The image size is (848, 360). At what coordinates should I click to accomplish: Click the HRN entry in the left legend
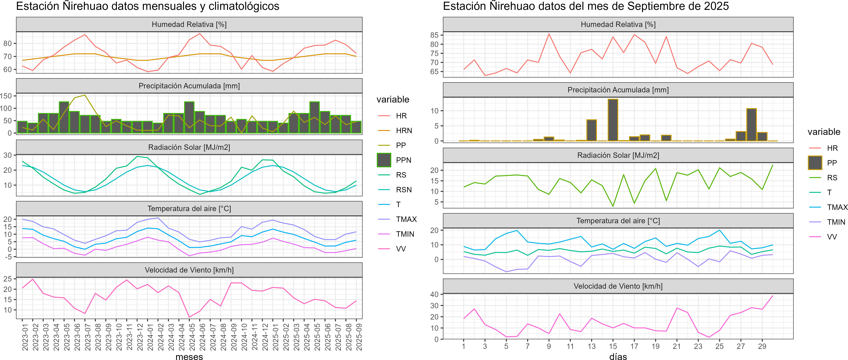(404, 131)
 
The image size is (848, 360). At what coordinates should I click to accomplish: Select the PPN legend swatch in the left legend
(384, 160)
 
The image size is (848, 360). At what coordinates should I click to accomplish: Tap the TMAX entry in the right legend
(837, 207)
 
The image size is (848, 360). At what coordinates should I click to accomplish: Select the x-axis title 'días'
(618, 357)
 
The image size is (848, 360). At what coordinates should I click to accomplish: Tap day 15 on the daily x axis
(613, 346)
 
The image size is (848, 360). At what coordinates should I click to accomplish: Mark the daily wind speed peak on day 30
(773, 296)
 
